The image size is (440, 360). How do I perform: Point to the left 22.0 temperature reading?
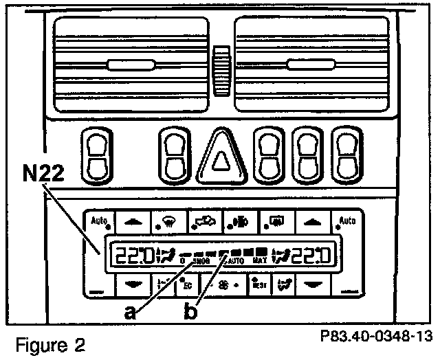pos(133,256)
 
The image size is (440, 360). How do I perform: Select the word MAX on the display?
pos(259,261)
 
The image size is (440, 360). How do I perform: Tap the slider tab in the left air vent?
pos(130,67)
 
